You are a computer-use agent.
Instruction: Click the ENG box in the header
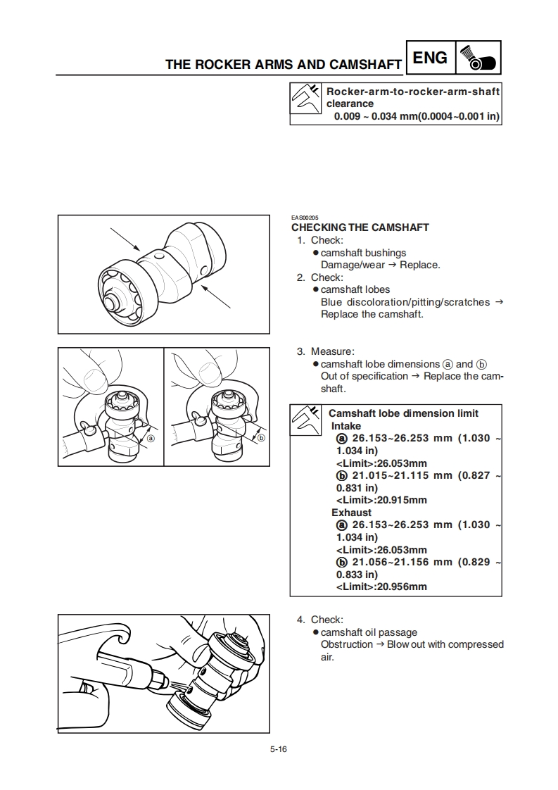[x=430, y=58]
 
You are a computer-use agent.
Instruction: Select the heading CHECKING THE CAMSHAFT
[x=360, y=227]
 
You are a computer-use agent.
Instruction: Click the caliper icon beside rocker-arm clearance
[x=306, y=104]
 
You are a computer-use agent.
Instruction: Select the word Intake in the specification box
[x=345, y=426]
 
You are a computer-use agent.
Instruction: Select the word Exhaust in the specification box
[x=351, y=513]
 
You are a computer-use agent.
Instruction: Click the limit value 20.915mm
[x=401, y=500]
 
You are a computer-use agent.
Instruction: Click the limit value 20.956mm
[x=401, y=587]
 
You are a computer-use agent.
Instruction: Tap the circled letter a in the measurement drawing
[x=151, y=437]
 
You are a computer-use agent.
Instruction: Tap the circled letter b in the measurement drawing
[x=261, y=437]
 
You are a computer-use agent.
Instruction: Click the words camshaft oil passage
[x=369, y=632]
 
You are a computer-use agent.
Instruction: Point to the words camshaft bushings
[x=363, y=253]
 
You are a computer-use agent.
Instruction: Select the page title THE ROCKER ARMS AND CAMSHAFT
[x=283, y=65]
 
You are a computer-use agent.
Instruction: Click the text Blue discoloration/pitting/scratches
[x=405, y=302]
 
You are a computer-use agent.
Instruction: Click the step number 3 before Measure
[x=300, y=351]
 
